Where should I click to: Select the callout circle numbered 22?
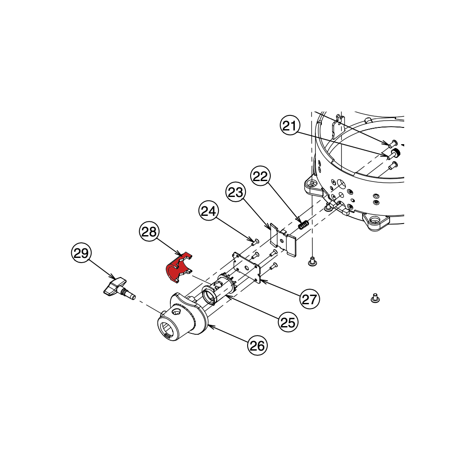coord(260,176)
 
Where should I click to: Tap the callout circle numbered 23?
coord(236,192)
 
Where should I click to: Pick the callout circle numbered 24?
coord(209,211)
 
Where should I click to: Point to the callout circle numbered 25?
coord(288,322)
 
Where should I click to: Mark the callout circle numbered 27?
coord(310,299)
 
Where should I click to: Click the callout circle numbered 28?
coord(149,231)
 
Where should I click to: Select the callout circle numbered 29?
coord(81,253)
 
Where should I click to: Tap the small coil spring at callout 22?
coord(303,224)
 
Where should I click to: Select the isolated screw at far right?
coord(375,298)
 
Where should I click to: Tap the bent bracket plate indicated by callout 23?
coord(283,240)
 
